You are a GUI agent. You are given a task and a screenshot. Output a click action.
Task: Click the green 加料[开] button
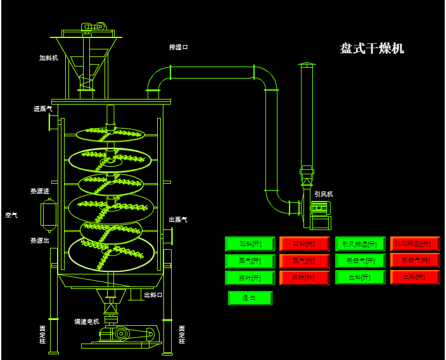pyautogui.click(x=250, y=244)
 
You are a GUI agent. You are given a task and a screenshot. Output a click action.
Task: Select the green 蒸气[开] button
pyautogui.click(x=250, y=261)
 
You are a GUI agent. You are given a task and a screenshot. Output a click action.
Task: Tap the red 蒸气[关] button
pyautogui.click(x=305, y=261)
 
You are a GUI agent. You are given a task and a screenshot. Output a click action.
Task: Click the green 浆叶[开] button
pyautogui.click(x=250, y=278)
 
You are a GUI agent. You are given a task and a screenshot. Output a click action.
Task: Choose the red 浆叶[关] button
pyautogui.click(x=305, y=278)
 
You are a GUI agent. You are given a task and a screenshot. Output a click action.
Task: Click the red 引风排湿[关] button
pyautogui.click(x=415, y=243)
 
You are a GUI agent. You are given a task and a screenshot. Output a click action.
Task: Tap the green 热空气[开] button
pyautogui.click(x=360, y=260)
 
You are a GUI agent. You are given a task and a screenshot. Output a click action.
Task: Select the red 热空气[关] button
pyautogui.click(x=415, y=260)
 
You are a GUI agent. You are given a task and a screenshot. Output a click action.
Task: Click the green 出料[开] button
pyautogui.click(x=360, y=277)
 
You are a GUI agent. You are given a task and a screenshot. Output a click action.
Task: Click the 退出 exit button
pyautogui.click(x=250, y=298)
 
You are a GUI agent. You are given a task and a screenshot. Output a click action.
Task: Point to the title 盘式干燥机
pyautogui.click(x=372, y=49)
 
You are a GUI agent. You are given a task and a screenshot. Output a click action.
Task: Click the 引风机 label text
pyautogui.click(x=324, y=194)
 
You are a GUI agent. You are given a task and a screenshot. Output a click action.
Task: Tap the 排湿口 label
pyautogui.click(x=179, y=47)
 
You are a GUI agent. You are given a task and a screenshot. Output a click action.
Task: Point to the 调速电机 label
pyautogui.click(x=87, y=321)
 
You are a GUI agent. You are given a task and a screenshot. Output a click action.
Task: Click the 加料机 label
pyautogui.click(x=49, y=58)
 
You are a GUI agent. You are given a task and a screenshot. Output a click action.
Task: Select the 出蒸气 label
pyautogui.click(x=178, y=219)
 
